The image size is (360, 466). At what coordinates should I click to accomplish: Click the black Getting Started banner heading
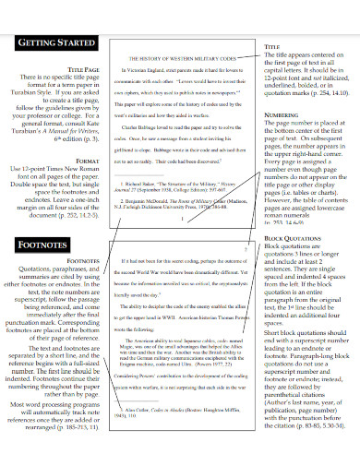click(x=55, y=42)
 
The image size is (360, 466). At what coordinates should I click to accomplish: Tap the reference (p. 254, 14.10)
click(x=318, y=93)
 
